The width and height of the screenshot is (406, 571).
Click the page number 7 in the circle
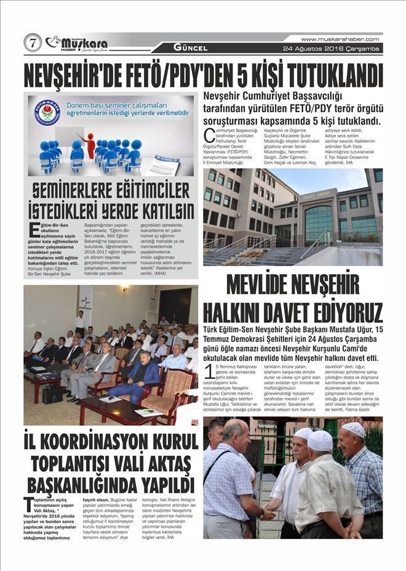click(x=32, y=43)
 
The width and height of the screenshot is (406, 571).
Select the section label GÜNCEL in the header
click(x=190, y=47)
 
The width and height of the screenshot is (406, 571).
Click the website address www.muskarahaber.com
click(x=340, y=39)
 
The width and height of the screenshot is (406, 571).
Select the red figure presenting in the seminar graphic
click(x=90, y=145)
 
